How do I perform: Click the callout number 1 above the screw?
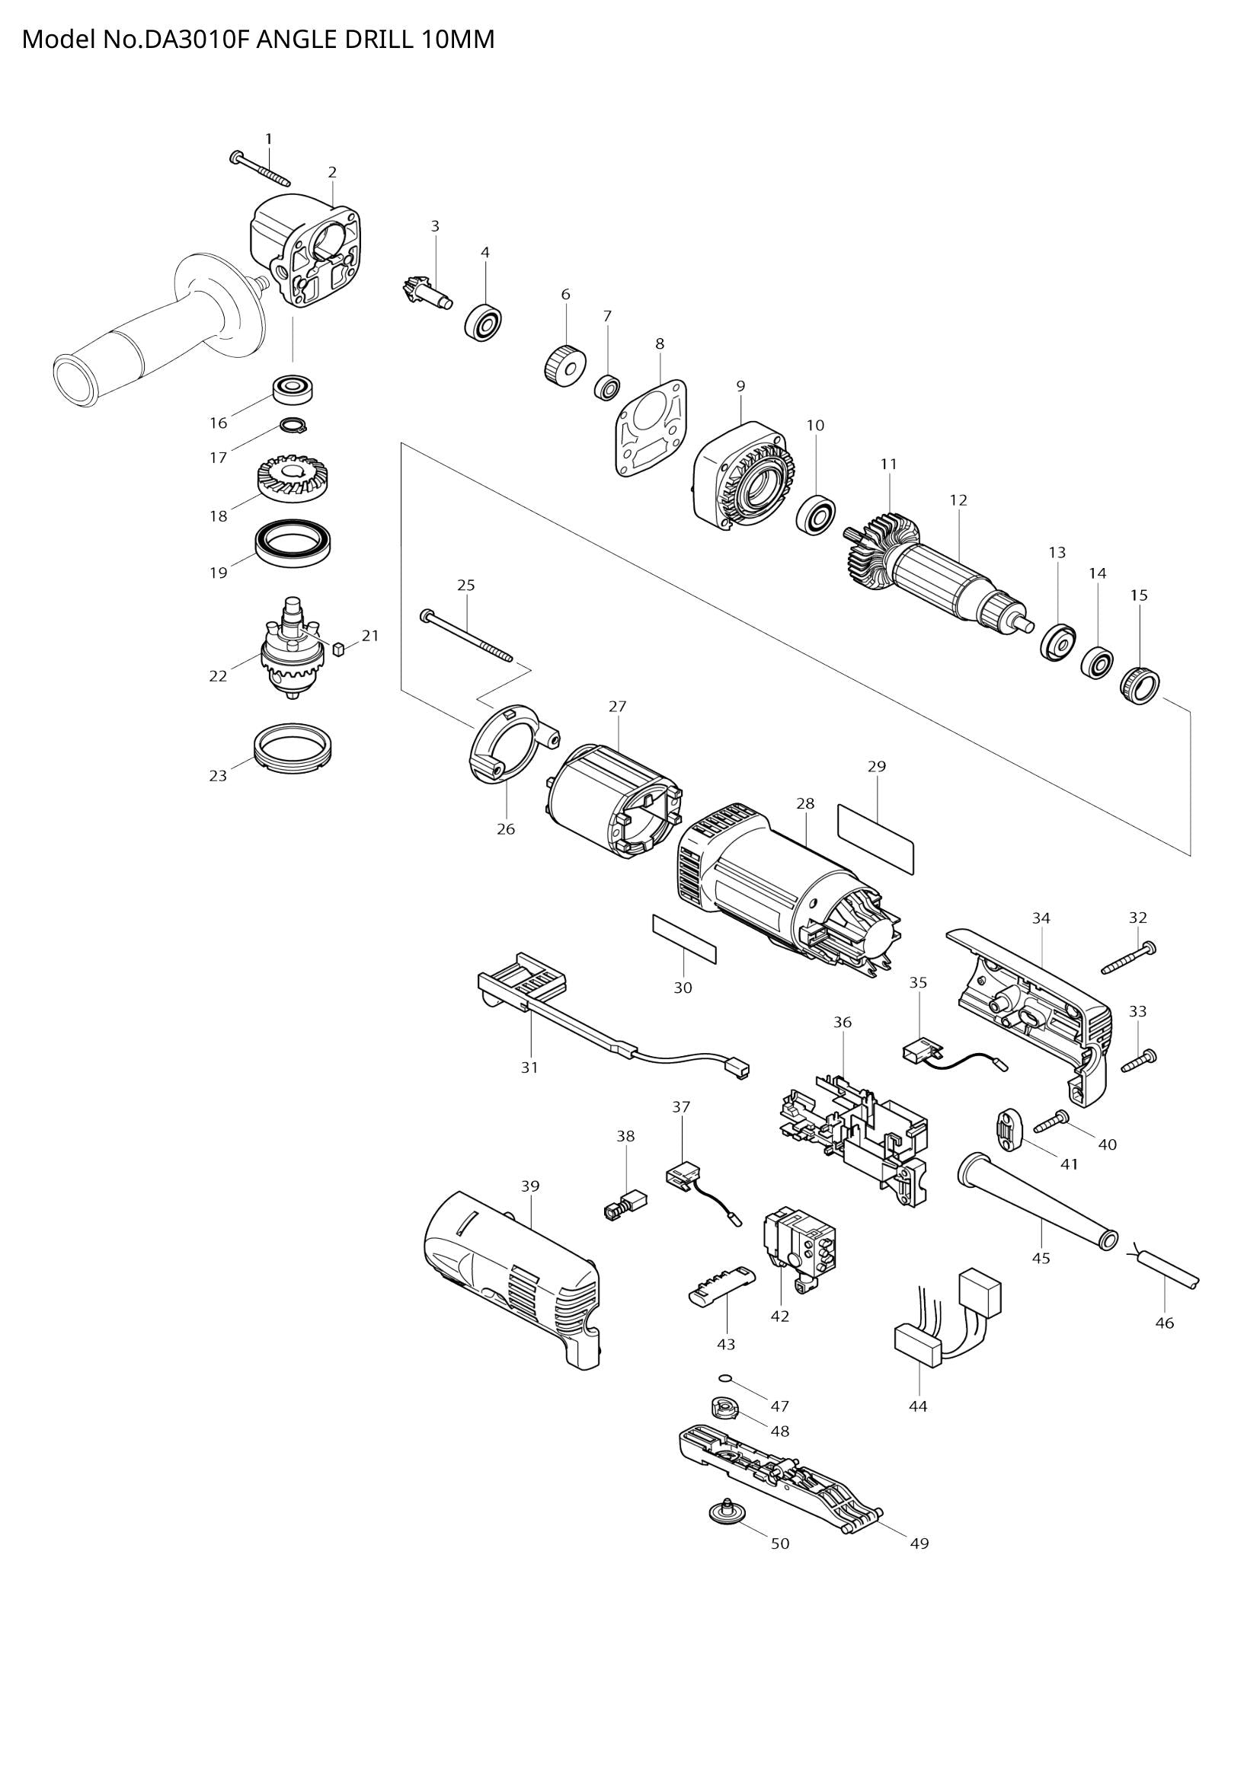point(268,139)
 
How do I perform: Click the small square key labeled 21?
point(337,649)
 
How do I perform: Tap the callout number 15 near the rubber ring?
point(1138,595)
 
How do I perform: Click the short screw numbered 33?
point(1139,1058)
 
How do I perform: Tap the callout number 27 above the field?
point(617,707)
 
